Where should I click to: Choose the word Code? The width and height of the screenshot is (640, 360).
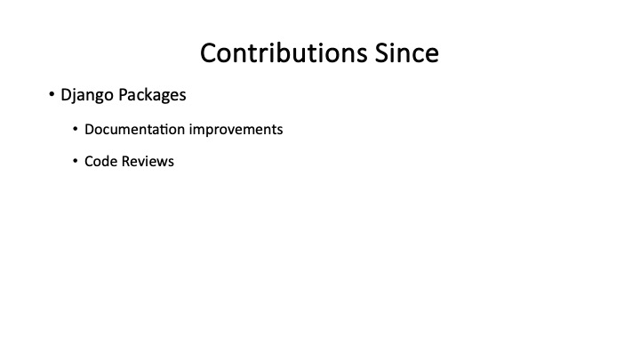pyautogui.click(x=100, y=162)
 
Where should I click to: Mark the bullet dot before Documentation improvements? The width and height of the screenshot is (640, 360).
pyautogui.click(x=76, y=130)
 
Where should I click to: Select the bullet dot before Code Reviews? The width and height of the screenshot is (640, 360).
pyautogui.click(x=76, y=163)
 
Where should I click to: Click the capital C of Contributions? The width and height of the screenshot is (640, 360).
pyautogui.click(x=209, y=52)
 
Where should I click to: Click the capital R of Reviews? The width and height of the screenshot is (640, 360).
pyautogui.click(x=125, y=162)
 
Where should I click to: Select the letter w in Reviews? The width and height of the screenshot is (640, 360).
pyautogui.click(x=162, y=162)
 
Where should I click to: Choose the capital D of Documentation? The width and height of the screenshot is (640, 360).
pyautogui.click(x=89, y=129)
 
